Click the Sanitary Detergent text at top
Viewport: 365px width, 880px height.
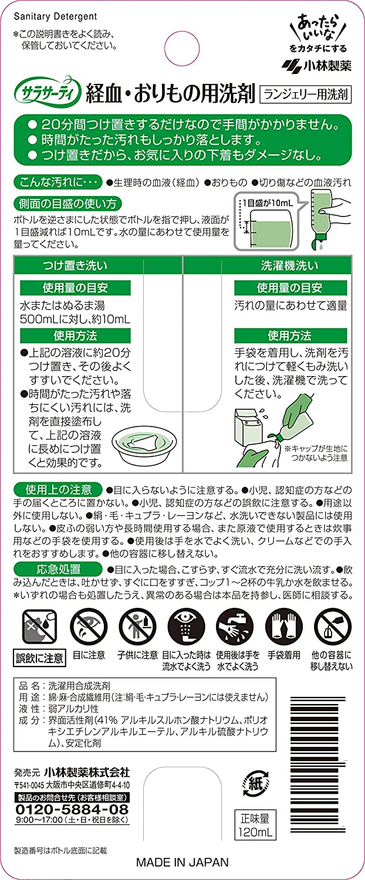tap(55, 16)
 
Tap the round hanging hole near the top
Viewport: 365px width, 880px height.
tap(182, 49)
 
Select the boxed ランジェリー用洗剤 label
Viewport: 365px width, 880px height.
tap(306, 94)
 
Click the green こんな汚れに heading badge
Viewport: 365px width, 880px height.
tap(58, 182)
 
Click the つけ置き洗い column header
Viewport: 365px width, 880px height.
tap(75, 266)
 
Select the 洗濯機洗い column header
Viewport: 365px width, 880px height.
tap(289, 266)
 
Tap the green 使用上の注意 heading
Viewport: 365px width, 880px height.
tap(58, 489)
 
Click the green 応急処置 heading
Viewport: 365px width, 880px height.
tap(58, 569)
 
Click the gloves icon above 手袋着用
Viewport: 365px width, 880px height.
tap(283, 627)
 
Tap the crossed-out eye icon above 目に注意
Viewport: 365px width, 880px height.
tap(89, 627)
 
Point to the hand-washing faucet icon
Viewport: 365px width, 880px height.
tap(235, 627)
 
